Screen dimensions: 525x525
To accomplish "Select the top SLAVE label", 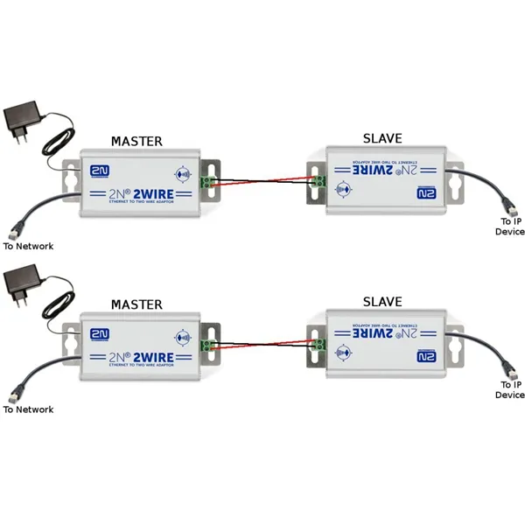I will (x=382, y=139).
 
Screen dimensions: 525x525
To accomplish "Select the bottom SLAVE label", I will (x=382, y=302).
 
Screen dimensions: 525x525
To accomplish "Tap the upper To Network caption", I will (x=28, y=246).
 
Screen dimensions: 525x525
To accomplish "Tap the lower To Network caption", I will (x=28, y=409).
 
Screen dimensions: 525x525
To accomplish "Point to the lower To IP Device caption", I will (x=509, y=389).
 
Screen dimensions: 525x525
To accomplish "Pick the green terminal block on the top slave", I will (x=318, y=181).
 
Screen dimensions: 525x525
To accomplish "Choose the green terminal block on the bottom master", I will (x=209, y=345).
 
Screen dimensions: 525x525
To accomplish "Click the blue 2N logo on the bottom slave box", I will (x=426, y=353).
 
